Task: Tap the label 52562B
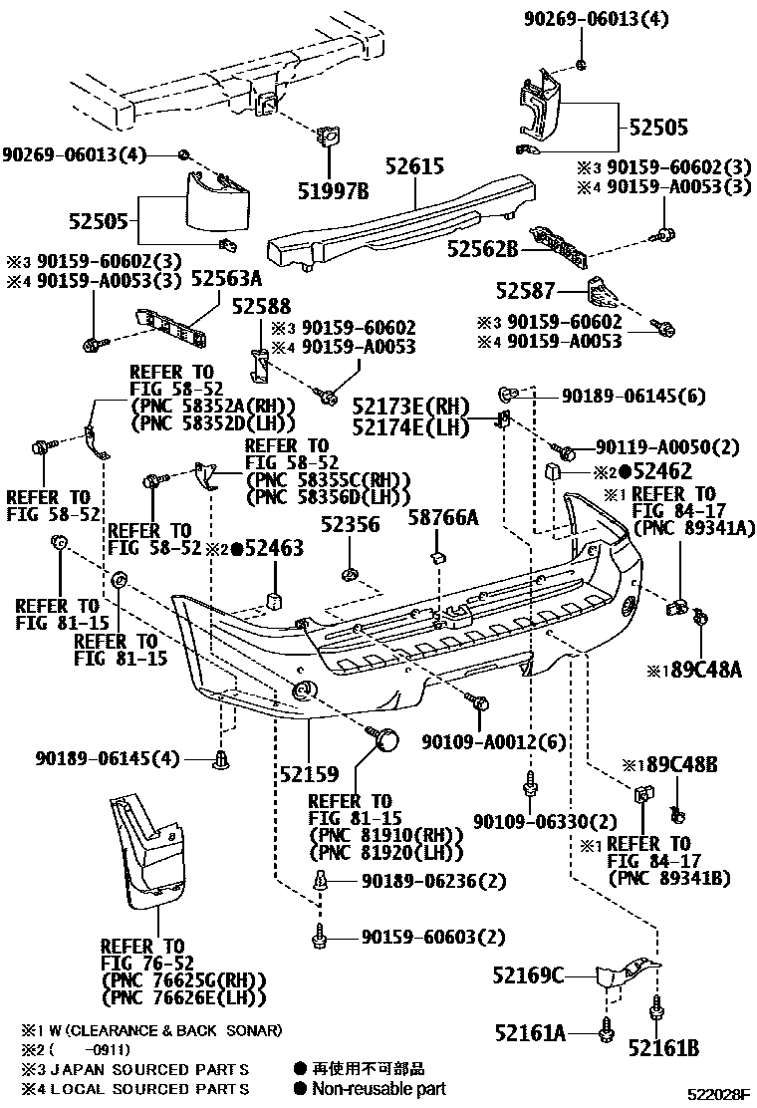coord(483,249)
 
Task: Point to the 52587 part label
coord(526,291)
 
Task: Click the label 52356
coord(351,524)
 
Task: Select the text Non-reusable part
coord(378,1089)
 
